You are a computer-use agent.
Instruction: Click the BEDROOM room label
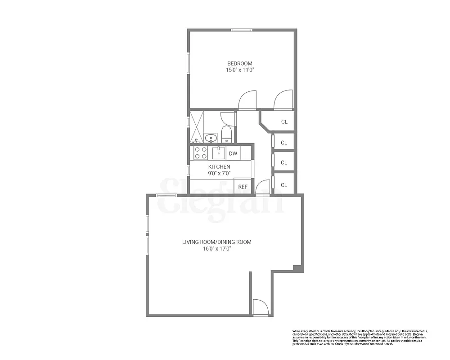239,63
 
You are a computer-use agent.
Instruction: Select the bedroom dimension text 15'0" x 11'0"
239,70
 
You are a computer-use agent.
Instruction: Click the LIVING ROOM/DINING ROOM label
217,242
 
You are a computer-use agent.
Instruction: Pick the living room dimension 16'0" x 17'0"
217,248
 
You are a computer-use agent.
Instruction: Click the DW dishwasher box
233,153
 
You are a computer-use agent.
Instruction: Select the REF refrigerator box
243,186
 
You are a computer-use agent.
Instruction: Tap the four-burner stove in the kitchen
201,153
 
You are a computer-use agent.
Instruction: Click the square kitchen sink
219,153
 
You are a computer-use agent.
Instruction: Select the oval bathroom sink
210,137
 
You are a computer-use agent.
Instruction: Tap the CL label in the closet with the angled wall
284,121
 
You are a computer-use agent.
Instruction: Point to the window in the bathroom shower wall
189,121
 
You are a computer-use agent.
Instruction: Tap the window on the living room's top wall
166,195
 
